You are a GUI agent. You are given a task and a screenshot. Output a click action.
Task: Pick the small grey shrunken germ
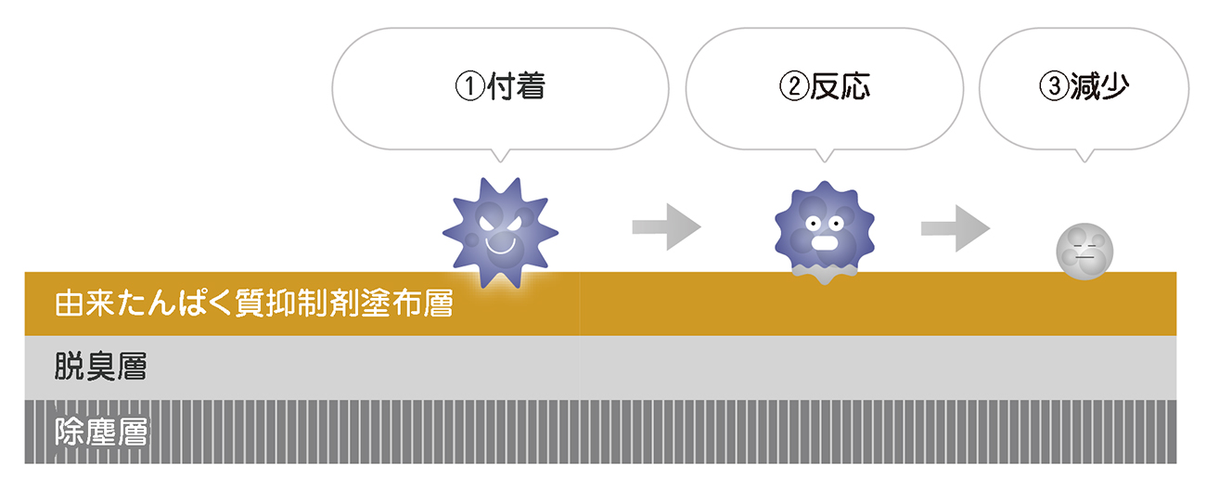(x=1085, y=251)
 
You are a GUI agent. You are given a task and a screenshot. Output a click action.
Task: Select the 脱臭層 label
(x=101, y=368)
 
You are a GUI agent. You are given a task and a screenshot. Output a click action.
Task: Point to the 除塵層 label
(x=101, y=432)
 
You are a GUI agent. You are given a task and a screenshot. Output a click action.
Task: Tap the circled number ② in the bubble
(x=794, y=88)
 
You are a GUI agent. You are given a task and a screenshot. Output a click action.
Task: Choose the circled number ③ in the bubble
(x=1054, y=88)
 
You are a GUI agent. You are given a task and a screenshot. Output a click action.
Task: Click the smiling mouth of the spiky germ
(x=501, y=246)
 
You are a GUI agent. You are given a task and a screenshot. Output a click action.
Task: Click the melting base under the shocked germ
(x=822, y=272)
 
